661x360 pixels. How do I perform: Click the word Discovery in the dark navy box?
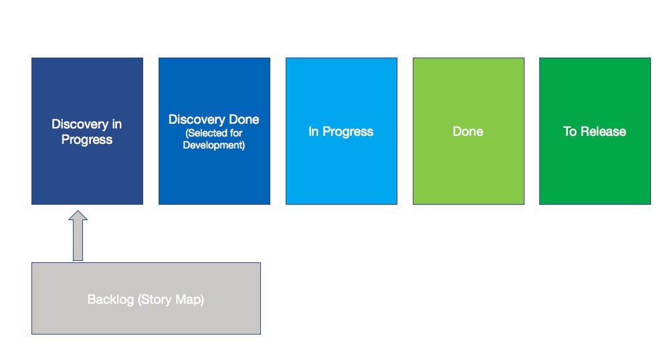click(80, 124)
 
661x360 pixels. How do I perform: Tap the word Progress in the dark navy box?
click(87, 140)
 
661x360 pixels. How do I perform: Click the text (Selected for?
click(213, 132)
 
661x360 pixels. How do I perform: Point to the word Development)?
click(213, 145)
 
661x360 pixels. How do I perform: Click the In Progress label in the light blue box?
click(341, 132)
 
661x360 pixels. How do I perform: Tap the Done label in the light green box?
click(468, 132)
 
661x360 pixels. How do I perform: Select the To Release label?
click(594, 132)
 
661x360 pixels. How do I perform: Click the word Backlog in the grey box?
click(110, 299)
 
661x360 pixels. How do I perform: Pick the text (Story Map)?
click(171, 299)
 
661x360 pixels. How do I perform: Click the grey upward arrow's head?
click(78, 215)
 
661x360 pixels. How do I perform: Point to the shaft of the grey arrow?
click(78, 240)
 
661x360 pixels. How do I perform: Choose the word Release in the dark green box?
click(603, 132)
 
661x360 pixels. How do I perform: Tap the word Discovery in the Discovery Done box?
click(197, 120)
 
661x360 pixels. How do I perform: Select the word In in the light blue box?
click(313, 132)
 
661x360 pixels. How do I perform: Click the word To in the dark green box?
click(569, 132)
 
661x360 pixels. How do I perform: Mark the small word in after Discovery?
click(117, 124)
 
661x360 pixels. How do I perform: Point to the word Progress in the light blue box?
click(348, 132)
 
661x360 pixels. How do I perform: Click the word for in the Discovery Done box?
click(235, 132)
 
